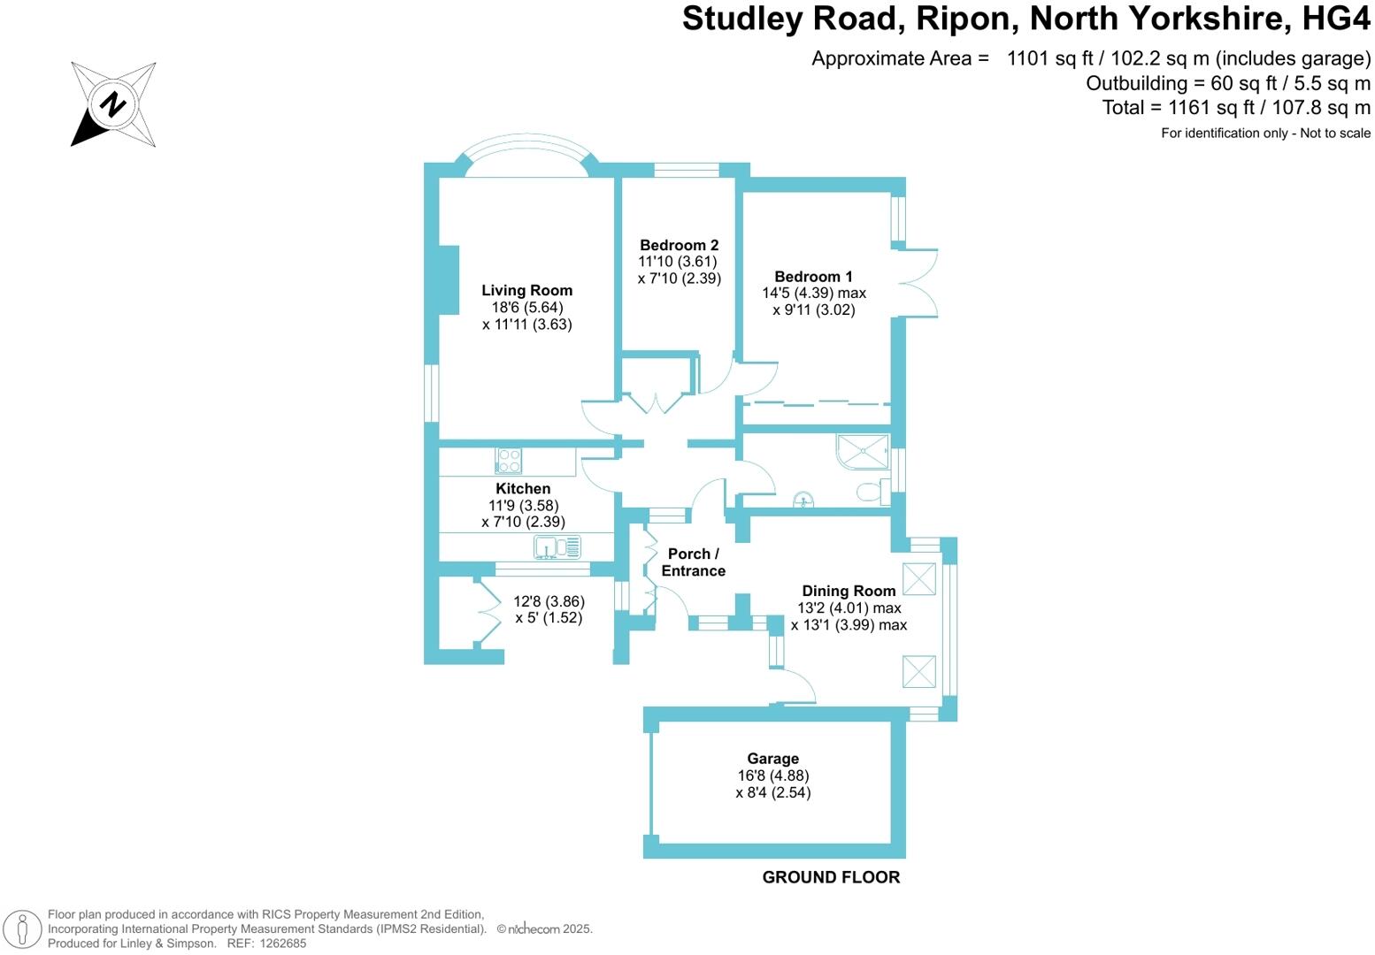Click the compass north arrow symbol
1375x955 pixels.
tap(112, 104)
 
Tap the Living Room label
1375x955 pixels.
tap(526, 290)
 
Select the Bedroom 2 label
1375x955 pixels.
tap(679, 245)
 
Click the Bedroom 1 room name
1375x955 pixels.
tap(813, 277)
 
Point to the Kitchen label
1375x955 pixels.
tap(523, 488)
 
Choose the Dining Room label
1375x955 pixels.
tap(849, 591)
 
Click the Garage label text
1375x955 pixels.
tap(772, 759)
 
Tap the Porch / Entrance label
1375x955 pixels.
tap(693, 562)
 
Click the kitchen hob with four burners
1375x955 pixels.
tap(509, 461)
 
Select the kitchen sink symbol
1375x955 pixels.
tap(557, 548)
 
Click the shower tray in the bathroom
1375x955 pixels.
tap(863, 452)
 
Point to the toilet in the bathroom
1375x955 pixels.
tap(872, 493)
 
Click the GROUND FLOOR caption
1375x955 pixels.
tap(831, 877)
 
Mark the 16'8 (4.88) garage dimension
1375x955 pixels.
tap(772, 775)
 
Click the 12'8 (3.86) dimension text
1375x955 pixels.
tap(549, 601)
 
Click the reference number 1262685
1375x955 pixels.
tap(280, 944)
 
